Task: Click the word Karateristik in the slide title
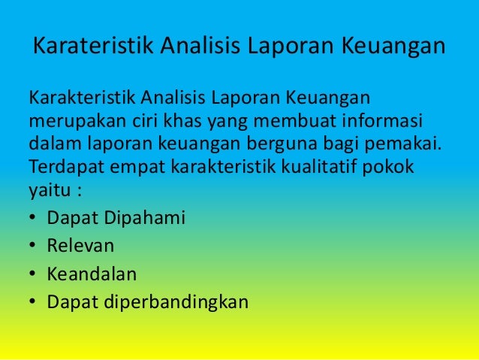(x=83, y=47)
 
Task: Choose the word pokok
(x=390, y=165)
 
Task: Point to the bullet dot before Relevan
(x=32, y=246)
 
